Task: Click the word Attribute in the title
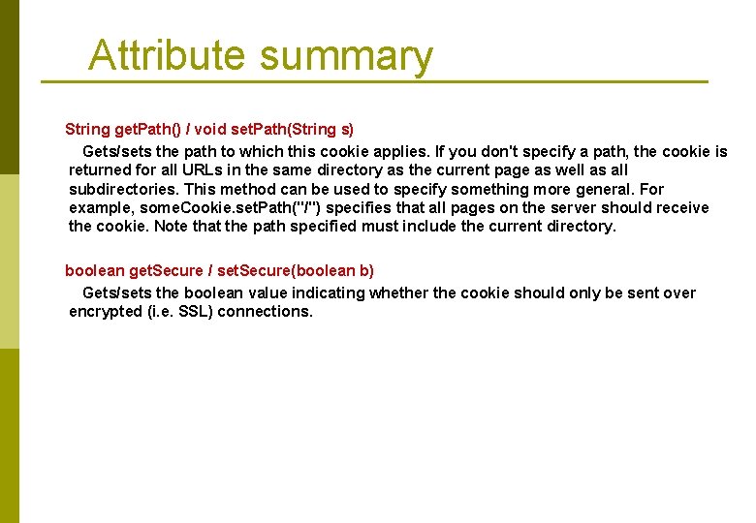(167, 55)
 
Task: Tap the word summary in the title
(346, 57)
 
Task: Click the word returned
(102, 170)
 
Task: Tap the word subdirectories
(123, 189)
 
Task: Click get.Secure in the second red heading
(166, 270)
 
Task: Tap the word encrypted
(106, 312)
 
